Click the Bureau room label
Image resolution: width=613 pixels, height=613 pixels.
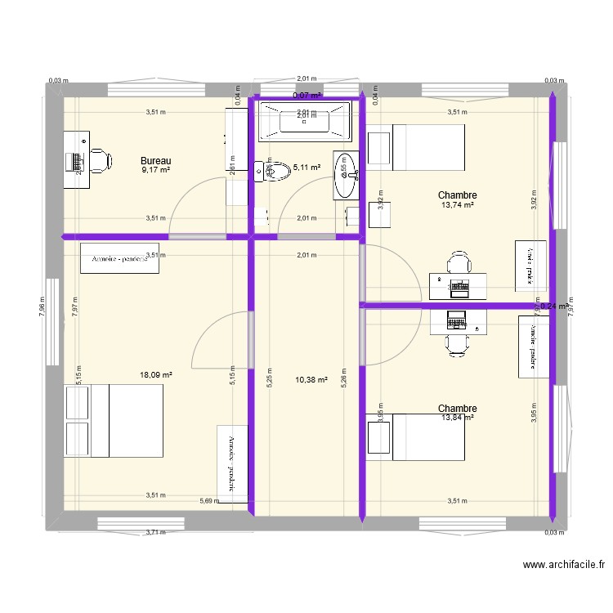[x=155, y=160]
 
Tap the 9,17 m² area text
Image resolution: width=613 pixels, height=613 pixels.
[x=155, y=170]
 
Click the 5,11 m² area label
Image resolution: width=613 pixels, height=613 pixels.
[x=306, y=168]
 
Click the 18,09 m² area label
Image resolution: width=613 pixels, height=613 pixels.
[x=155, y=375]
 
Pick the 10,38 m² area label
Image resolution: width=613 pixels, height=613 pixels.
[x=311, y=380]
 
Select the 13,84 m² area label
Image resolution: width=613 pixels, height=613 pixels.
[x=458, y=418]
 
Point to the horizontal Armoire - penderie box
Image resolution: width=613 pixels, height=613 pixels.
[x=119, y=259]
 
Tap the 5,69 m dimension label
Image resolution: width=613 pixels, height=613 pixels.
[x=210, y=501]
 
